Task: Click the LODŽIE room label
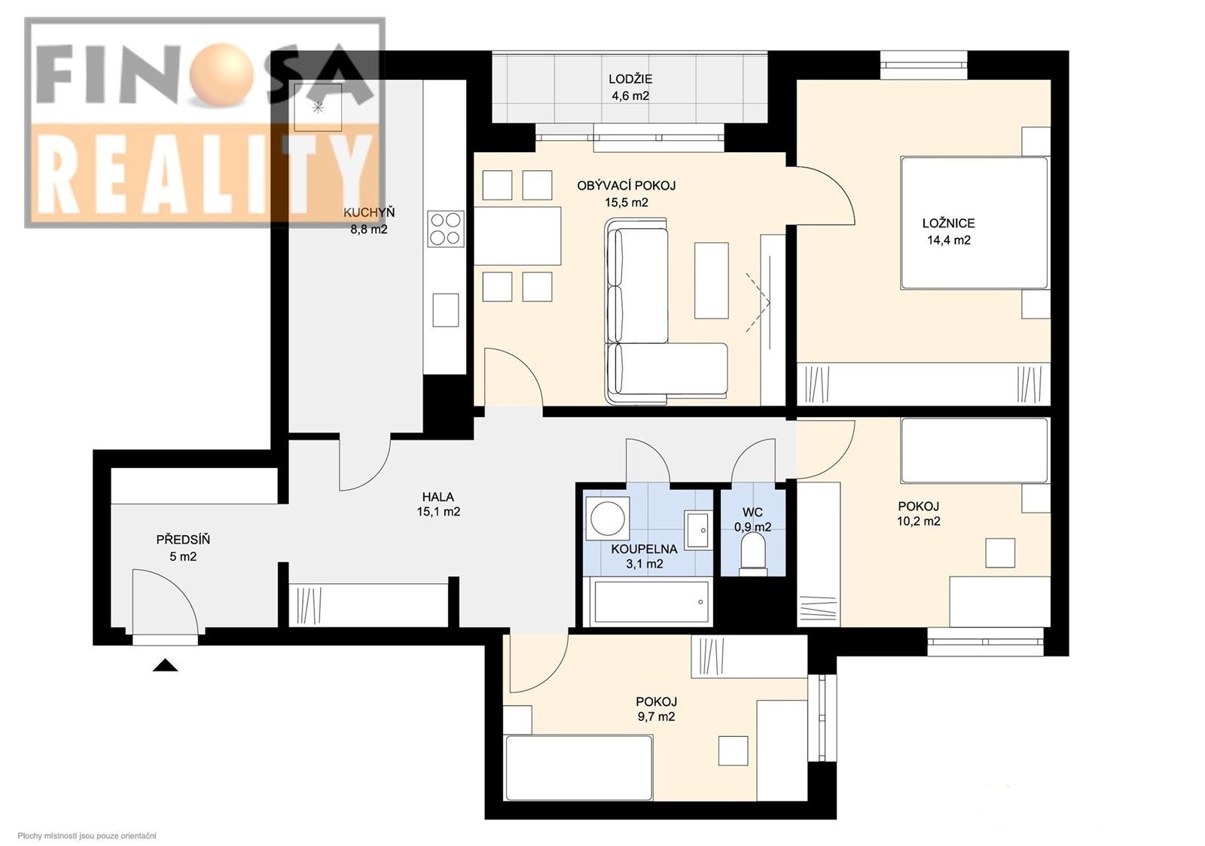point(630,79)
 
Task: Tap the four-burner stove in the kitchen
point(445,228)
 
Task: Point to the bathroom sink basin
point(697,529)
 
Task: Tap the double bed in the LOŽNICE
point(975,223)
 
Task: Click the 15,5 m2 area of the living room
point(626,202)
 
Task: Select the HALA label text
point(438,497)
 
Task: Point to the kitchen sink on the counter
point(445,310)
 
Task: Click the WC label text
point(752,513)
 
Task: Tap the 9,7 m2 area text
point(655,717)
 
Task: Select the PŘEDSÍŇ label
point(183,540)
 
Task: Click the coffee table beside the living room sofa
point(712,280)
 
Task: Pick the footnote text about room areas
point(87,835)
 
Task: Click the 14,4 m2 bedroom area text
point(948,240)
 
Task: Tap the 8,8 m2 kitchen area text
point(368,230)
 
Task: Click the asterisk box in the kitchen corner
point(318,108)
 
